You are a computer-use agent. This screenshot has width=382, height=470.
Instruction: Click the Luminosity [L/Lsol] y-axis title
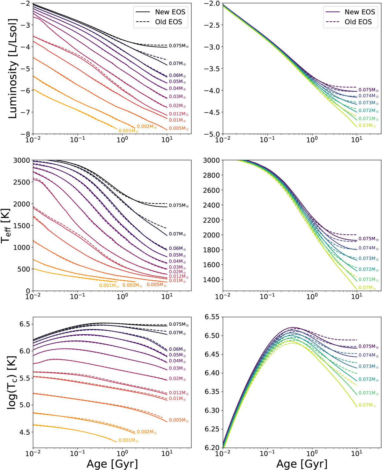pos(13,68)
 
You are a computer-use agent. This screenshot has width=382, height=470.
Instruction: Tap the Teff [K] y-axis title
pos(6,226)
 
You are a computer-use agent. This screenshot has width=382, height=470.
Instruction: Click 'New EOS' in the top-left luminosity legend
pos(170,12)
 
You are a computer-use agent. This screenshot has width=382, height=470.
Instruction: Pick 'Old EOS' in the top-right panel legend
pos(358,22)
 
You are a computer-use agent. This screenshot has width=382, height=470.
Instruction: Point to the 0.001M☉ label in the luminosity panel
pos(128,131)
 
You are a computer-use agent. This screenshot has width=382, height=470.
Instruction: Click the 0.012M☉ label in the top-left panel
pos(179,114)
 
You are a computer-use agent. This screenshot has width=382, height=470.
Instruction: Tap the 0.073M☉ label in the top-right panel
pos(368,103)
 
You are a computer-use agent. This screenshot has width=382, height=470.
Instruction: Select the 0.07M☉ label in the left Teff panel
pos(177,234)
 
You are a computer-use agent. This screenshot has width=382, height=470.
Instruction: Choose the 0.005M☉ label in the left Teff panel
pos(156,284)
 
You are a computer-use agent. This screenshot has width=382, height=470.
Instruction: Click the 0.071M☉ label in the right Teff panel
pos(368,279)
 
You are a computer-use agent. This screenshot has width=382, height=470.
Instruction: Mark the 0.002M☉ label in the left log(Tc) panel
pos(146,432)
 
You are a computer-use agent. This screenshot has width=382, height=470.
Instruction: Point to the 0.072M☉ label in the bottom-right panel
pos(368,379)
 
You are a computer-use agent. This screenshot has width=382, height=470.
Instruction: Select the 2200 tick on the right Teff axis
pos(211,220)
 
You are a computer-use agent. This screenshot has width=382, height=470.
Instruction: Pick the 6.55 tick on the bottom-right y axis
pos(212,317)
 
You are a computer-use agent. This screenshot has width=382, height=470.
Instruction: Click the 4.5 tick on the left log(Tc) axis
pos(24,432)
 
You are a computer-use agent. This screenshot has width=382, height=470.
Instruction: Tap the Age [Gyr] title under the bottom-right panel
pos(301,464)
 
